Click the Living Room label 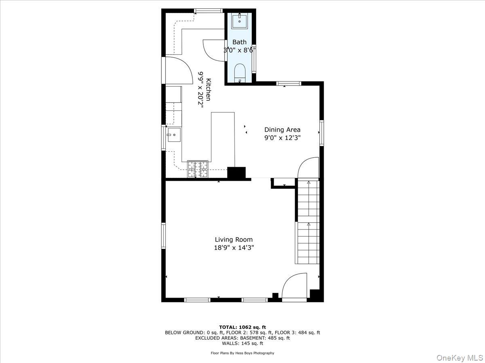coord(234,240)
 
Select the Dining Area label coord(282,129)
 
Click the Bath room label coord(239,42)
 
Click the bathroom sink coord(239,21)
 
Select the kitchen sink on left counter coord(174,135)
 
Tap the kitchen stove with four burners coord(197,169)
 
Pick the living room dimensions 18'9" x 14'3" coord(234,248)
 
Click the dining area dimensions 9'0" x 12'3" coord(282,138)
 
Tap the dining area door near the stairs coord(308,167)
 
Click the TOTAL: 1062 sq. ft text coord(242,327)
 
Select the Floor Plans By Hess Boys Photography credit coord(242,353)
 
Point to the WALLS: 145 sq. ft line coord(242,343)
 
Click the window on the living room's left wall coord(164,236)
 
